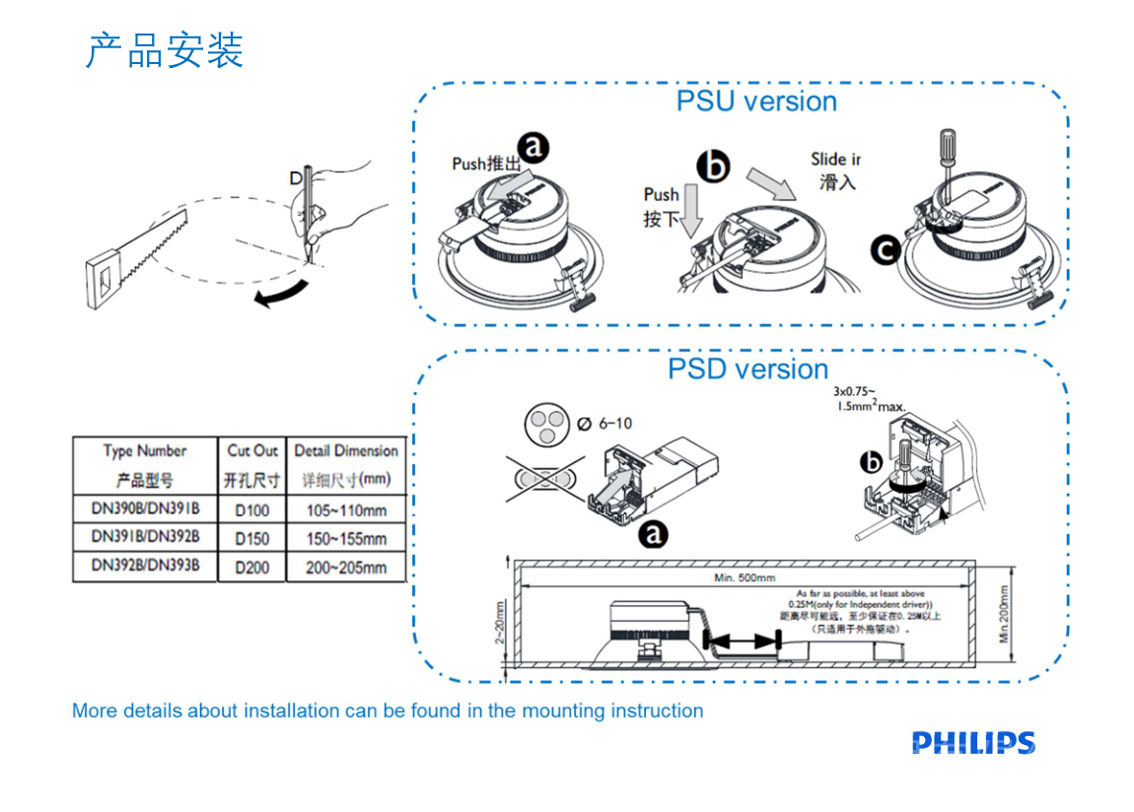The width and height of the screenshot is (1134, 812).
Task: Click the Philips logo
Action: (973, 743)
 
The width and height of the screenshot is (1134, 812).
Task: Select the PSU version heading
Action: (756, 101)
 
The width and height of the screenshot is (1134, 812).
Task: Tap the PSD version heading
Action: (747, 370)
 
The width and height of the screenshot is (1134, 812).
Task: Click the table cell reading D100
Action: (252, 510)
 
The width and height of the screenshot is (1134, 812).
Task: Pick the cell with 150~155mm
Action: (346, 539)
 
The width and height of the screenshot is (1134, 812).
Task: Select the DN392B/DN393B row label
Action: (145, 566)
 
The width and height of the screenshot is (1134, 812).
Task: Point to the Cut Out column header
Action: (252, 451)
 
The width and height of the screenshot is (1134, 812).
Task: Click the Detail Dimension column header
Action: (346, 451)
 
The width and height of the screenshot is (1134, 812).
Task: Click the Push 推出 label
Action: (485, 164)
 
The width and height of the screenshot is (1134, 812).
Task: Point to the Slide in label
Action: (836, 160)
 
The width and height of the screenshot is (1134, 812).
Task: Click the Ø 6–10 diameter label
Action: (602, 424)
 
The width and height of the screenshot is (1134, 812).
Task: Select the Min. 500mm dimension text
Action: (744, 577)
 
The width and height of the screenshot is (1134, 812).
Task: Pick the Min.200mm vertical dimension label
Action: (1005, 615)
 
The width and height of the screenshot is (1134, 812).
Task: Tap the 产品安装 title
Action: (165, 50)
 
